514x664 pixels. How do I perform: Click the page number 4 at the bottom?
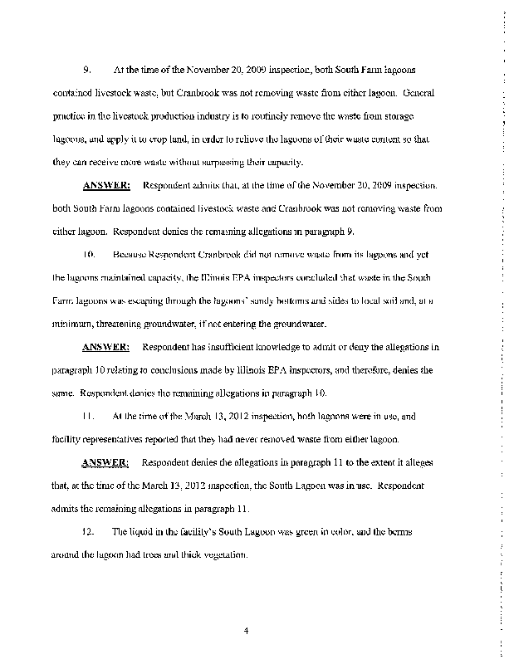(x=247, y=631)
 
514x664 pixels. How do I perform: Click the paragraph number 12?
(x=91, y=530)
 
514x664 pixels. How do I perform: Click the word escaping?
(x=156, y=298)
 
